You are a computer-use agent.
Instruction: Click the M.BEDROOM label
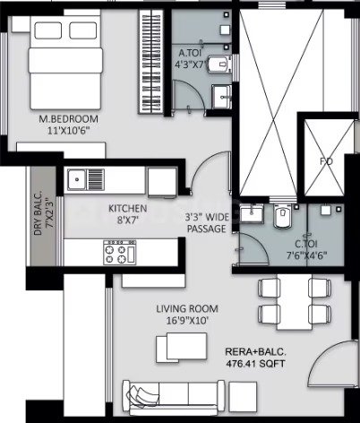tap(69, 119)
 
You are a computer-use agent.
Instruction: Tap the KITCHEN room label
tap(127, 208)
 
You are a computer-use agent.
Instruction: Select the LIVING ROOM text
tap(187, 308)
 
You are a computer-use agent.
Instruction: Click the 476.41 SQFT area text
tap(255, 364)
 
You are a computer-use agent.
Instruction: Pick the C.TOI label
tap(306, 244)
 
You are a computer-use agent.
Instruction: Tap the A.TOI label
tap(190, 53)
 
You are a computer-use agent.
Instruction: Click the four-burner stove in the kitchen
tap(120, 253)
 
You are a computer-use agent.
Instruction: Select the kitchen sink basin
tap(77, 179)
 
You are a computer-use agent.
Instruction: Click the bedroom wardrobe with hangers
tap(151, 61)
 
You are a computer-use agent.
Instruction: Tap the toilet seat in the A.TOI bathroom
tap(219, 64)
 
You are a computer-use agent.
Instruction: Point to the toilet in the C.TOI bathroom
tap(282, 216)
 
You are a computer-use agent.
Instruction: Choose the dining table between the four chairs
tap(294, 302)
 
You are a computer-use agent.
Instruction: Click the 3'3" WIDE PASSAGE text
tap(206, 223)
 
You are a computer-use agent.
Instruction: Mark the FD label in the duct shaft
tap(326, 161)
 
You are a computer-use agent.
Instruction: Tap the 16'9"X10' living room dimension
tap(187, 321)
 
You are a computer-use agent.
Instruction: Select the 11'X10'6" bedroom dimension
tap(69, 131)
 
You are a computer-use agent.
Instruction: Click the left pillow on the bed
tap(48, 30)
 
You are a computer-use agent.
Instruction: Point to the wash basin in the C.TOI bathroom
tap(253, 213)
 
